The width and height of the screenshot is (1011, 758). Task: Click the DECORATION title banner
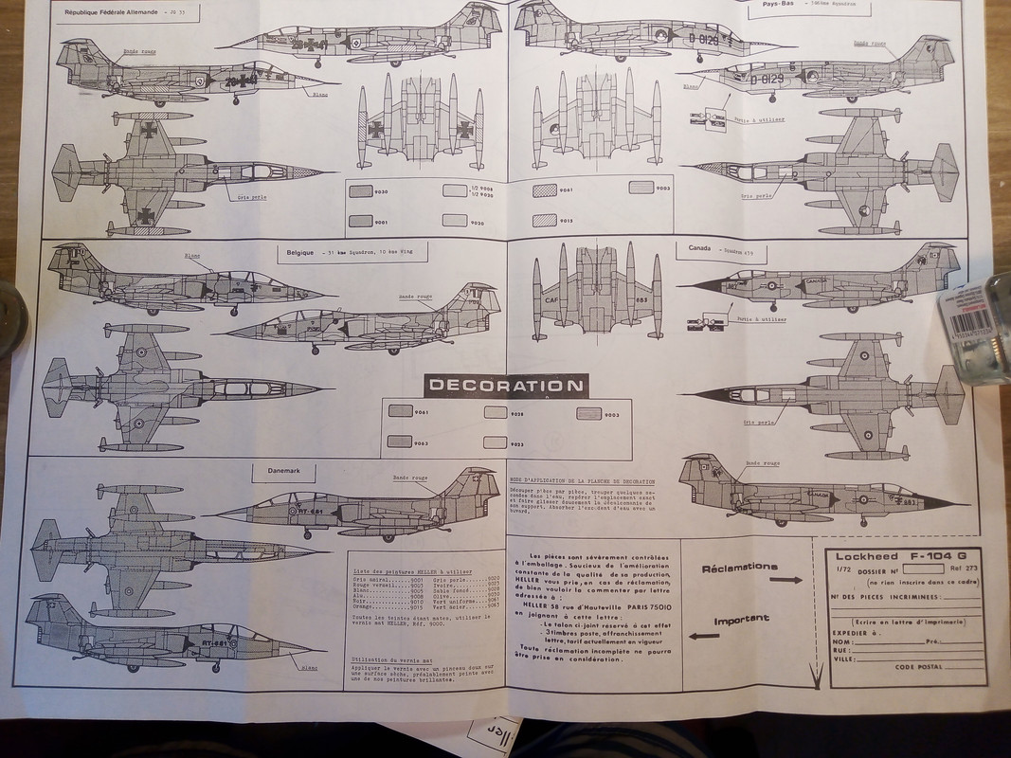point(506,386)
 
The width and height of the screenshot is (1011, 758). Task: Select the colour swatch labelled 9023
point(496,442)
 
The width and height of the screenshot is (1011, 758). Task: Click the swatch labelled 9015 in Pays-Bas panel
point(544,221)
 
